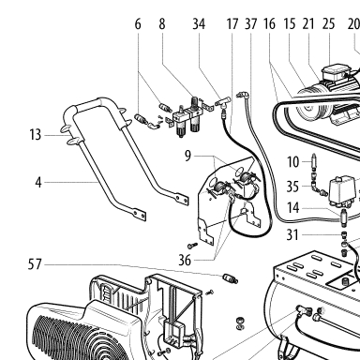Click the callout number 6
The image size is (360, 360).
(138, 24)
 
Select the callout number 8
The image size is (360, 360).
(161, 24)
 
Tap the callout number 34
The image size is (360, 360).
(199, 24)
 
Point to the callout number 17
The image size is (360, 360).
(232, 24)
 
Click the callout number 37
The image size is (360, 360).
(250, 24)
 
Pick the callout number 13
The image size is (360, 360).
(36, 135)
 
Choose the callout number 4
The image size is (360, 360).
(38, 182)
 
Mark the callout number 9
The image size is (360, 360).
(187, 156)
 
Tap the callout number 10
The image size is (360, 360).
(293, 162)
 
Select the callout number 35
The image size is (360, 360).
(292, 187)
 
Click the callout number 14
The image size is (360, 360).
(293, 207)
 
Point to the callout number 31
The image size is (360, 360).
(292, 235)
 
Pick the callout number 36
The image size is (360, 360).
(185, 260)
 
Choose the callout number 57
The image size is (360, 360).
(35, 264)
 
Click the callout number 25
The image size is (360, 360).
(328, 24)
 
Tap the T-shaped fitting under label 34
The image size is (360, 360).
(224, 102)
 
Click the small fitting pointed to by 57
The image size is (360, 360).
(231, 278)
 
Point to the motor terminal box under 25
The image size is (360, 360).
(336, 73)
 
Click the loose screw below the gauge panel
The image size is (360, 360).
(193, 245)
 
